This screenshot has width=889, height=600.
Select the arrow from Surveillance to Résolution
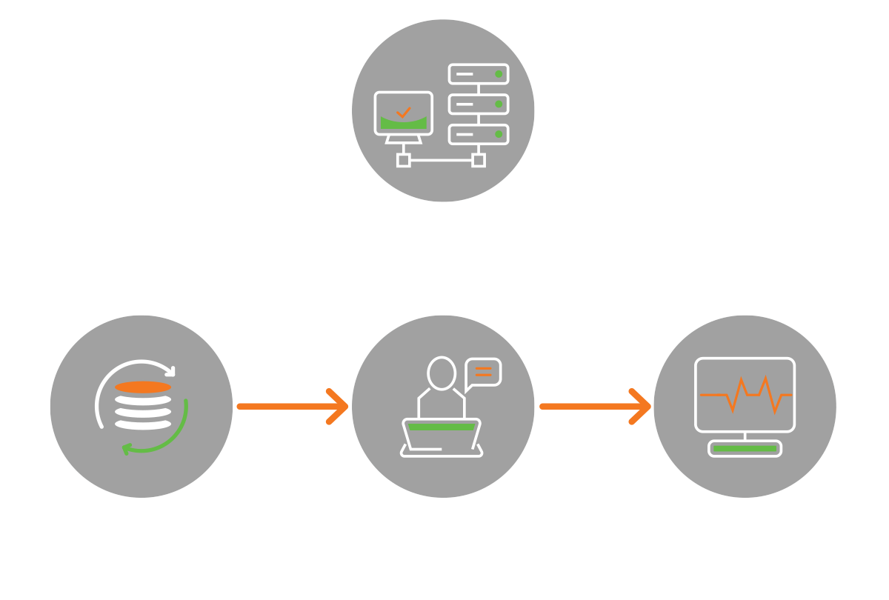click(x=293, y=407)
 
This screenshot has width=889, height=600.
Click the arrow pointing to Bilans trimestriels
click(x=596, y=407)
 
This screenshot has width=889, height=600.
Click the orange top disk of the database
click(x=143, y=387)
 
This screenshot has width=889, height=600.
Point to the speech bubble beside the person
click(x=483, y=373)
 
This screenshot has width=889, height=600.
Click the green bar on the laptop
click(x=441, y=427)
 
